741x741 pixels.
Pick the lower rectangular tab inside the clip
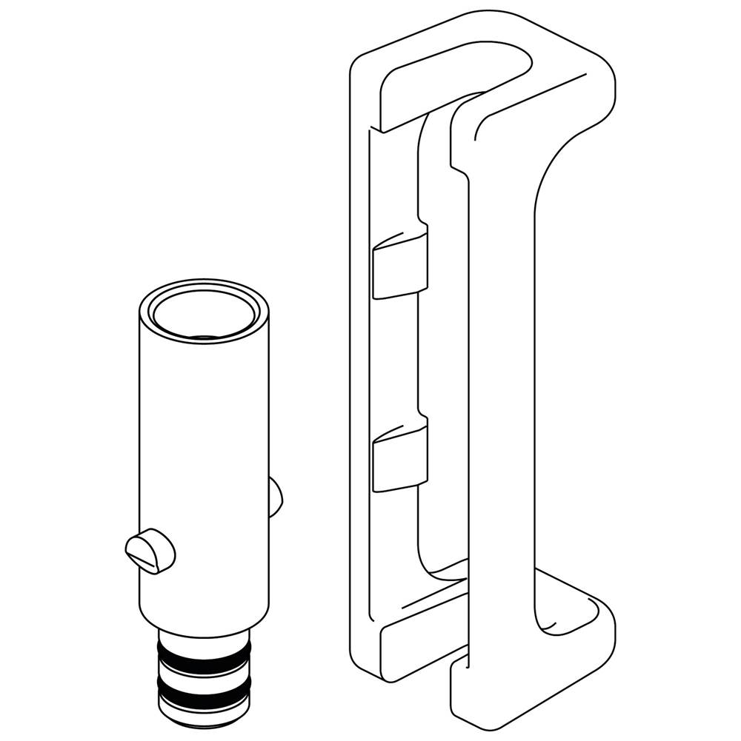point(399,458)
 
